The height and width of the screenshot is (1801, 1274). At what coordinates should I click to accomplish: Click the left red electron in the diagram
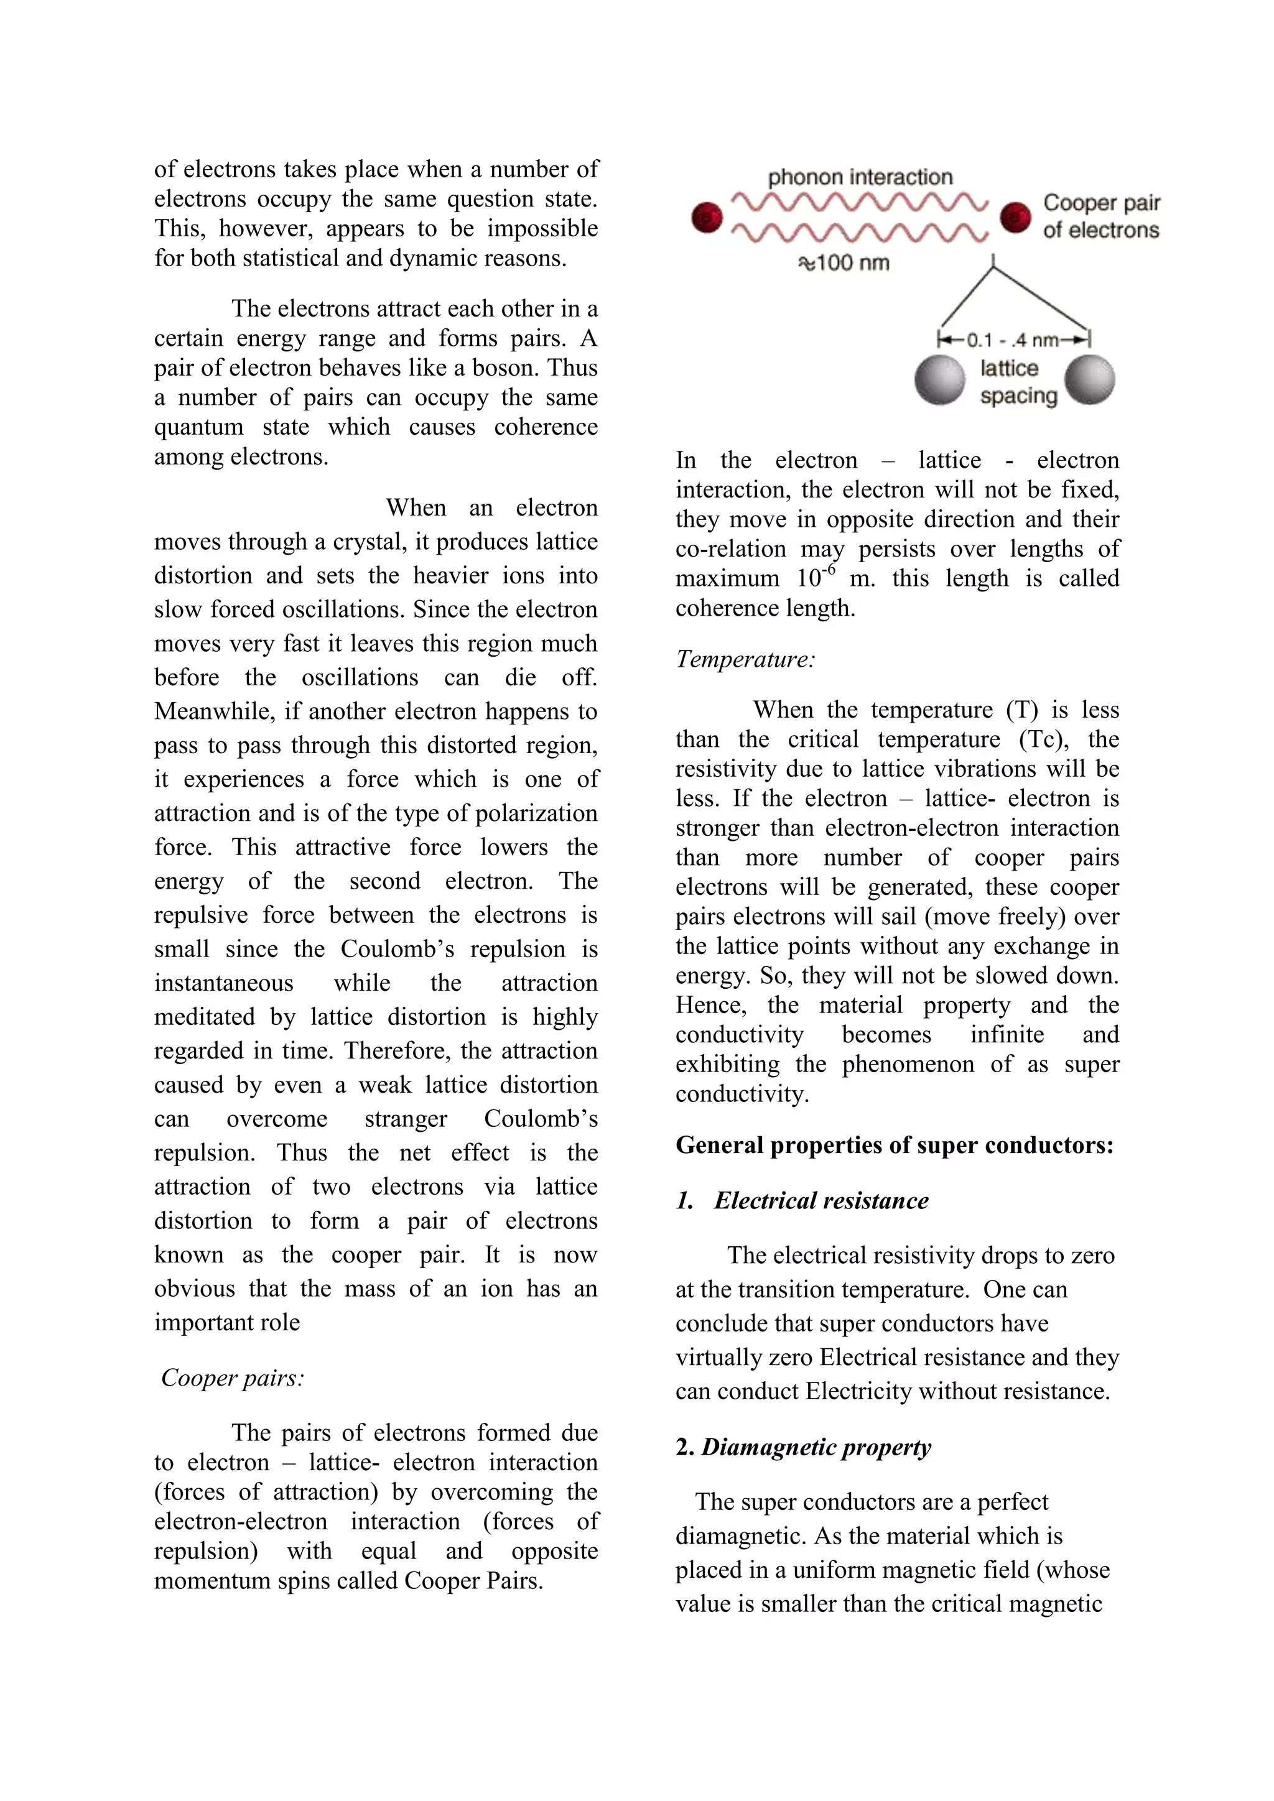click(706, 217)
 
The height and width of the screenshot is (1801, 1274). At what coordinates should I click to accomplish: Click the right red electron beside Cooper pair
click(1015, 217)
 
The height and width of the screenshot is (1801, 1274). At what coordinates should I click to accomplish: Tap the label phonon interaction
click(860, 177)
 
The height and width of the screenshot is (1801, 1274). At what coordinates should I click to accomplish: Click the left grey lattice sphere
click(939, 379)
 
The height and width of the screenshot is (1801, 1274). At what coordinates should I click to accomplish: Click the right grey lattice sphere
click(1090, 379)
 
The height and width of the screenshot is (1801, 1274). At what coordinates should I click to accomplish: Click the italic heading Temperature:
click(745, 659)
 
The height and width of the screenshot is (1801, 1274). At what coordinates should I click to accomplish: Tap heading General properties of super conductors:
click(895, 1146)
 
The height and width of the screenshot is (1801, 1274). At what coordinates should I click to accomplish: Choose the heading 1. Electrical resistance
click(802, 1200)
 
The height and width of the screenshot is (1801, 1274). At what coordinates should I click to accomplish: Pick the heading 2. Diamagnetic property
click(803, 1447)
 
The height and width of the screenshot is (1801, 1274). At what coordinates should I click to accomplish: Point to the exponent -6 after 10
click(829, 570)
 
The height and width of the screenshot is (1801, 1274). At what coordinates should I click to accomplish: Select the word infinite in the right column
click(1007, 1035)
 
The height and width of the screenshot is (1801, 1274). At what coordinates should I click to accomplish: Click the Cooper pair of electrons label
click(1100, 216)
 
